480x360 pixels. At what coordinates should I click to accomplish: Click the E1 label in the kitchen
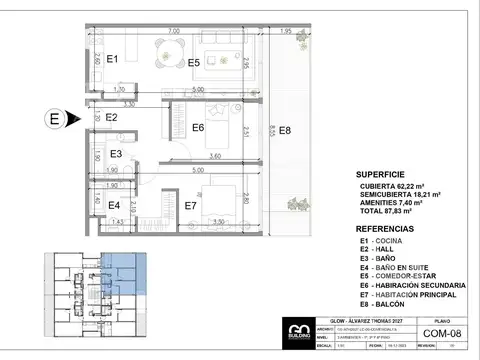112,60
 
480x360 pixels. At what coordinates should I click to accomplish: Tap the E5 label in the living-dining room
193,63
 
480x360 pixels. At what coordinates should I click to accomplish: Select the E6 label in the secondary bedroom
198,127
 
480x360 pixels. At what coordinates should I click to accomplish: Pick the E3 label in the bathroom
116,154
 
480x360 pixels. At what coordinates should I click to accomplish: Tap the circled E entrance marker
54,119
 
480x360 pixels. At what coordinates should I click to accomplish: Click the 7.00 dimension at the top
175,32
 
